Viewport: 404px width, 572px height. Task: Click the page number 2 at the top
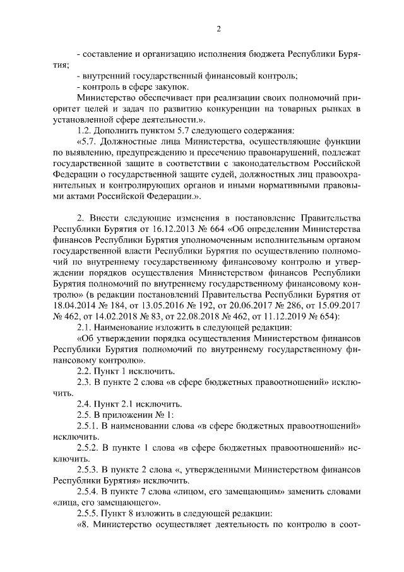[218, 28]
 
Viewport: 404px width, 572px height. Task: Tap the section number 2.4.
[85, 402]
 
